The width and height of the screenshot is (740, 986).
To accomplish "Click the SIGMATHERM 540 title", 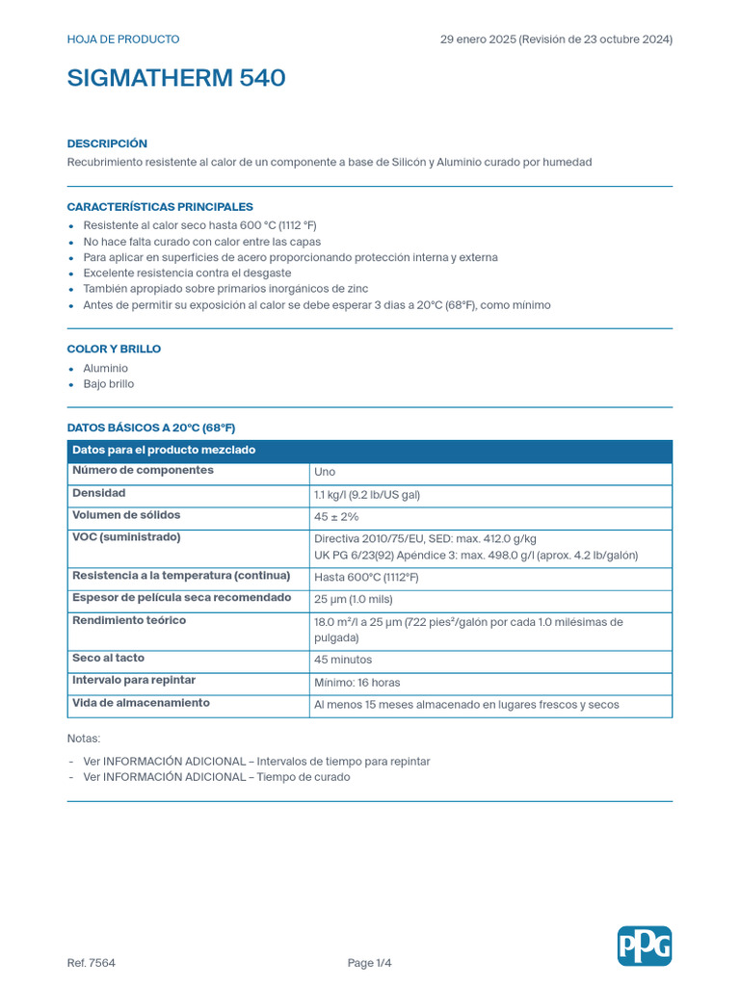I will pyautogui.click(x=176, y=79).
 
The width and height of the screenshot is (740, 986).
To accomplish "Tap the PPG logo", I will pyautogui.click(x=644, y=946).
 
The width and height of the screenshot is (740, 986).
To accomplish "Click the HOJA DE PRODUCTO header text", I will pyautogui.click(x=123, y=39).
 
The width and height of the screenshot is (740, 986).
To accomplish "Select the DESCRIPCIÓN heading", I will pyautogui.click(x=107, y=143).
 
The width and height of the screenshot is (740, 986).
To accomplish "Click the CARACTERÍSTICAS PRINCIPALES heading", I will pyautogui.click(x=160, y=207).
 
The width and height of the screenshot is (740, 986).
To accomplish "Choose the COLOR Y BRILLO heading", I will pyautogui.click(x=114, y=349).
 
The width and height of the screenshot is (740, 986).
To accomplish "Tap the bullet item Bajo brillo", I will pyautogui.click(x=109, y=384).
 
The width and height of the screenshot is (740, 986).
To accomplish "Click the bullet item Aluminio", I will pyautogui.click(x=105, y=369).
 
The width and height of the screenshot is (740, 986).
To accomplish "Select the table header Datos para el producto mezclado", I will pyautogui.click(x=164, y=451).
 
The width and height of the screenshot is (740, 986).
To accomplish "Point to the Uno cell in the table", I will pyautogui.click(x=325, y=473).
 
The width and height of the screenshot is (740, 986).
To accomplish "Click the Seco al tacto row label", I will pyautogui.click(x=109, y=658).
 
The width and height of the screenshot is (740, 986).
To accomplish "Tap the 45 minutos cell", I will pyautogui.click(x=343, y=660).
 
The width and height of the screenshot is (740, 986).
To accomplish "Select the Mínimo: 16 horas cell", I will pyautogui.click(x=357, y=683).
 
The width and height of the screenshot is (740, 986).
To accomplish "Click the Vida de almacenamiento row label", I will pyautogui.click(x=141, y=703).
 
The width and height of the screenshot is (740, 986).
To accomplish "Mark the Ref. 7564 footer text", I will pyautogui.click(x=92, y=963).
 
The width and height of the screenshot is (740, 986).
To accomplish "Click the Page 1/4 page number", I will pyautogui.click(x=370, y=963).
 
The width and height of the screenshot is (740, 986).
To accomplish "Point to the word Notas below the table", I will pyautogui.click(x=84, y=739).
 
